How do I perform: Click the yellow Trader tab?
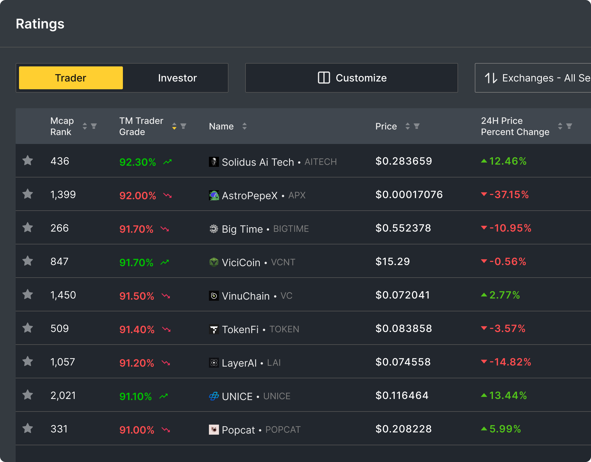click(x=71, y=78)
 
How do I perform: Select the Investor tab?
click(x=177, y=78)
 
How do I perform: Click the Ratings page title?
click(x=40, y=24)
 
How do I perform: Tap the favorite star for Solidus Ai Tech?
click(x=28, y=161)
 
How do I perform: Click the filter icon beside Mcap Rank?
click(x=94, y=126)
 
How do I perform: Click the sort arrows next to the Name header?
click(x=244, y=126)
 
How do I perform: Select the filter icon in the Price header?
click(x=416, y=126)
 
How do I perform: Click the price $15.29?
click(x=392, y=261)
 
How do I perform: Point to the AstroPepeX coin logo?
click(x=214, y=195)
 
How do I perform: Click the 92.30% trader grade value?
click(x=137, y=162)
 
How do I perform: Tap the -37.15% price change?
click(x=509, y=194)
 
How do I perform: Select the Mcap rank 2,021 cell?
click(x=63, y=395)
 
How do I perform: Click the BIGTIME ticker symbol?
click(x=291, y=229)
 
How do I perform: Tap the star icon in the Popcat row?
click(x=28, y=429)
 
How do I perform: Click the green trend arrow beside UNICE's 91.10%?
click(x=164, y=396)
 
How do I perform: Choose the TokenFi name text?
click(x=240, y=329)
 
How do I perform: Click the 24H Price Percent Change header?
click(x=515, y=126)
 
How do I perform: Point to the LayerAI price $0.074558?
click(x=403, y=362)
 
